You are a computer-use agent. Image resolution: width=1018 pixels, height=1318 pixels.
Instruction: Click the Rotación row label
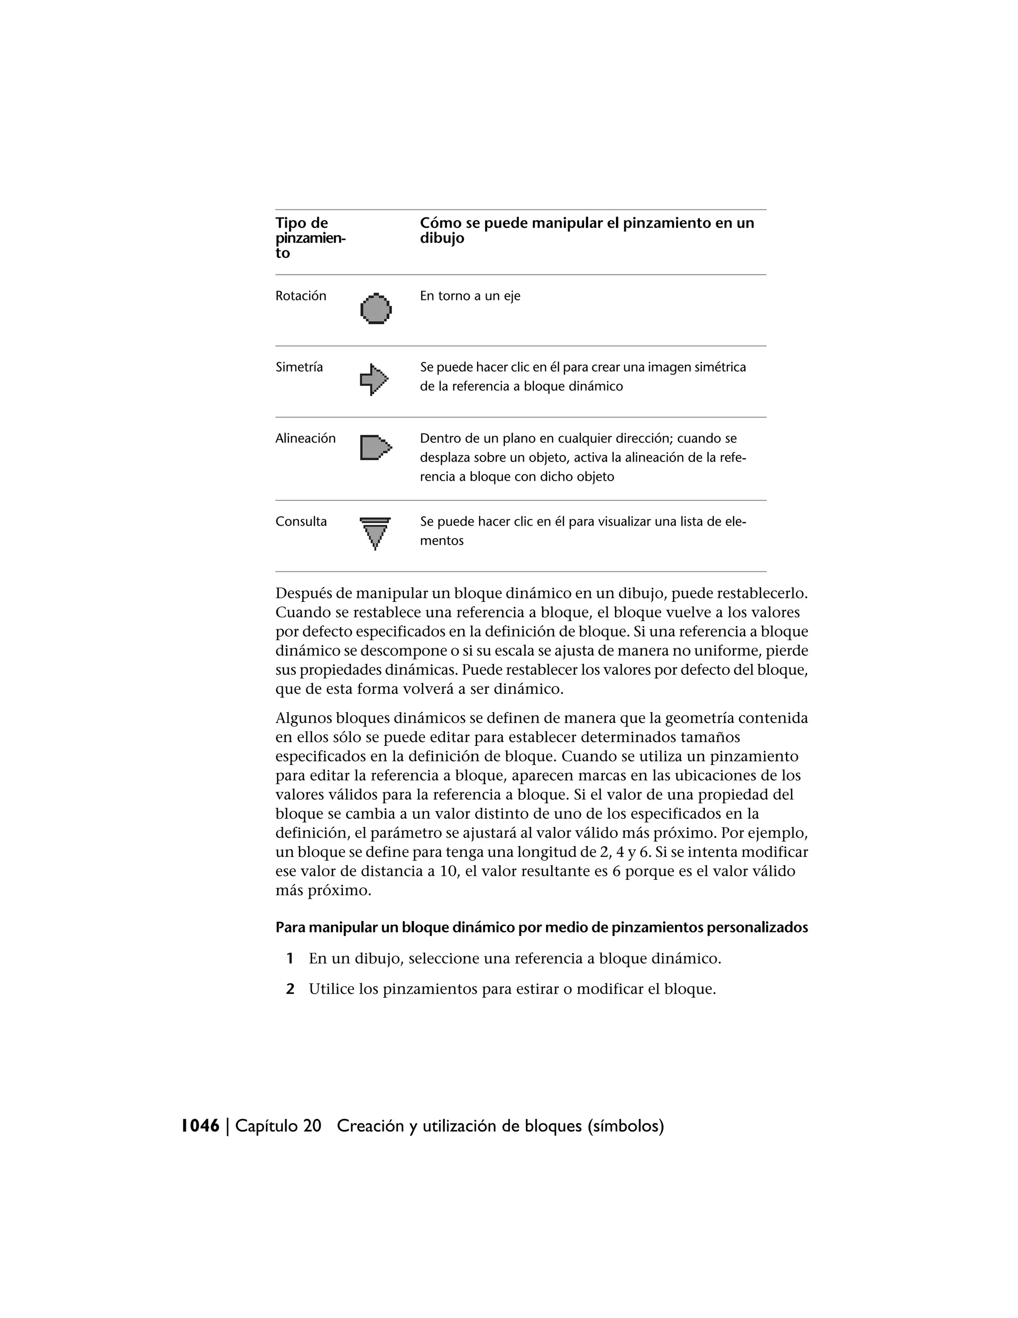(x=300, y=296)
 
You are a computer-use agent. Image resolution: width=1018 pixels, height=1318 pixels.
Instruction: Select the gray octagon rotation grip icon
(x=376, y=309)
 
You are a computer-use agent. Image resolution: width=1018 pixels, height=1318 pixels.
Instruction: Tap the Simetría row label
(x=299, y=368)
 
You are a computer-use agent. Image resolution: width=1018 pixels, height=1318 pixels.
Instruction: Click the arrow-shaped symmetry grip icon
(x=374, y=379)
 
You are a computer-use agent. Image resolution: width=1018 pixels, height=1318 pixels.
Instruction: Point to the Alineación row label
(x=305, y=439)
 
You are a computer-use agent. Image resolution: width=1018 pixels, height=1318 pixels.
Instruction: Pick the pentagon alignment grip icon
(x=375, y=448)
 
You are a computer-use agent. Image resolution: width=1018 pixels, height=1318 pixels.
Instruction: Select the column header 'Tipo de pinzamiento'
(x=310, y=238)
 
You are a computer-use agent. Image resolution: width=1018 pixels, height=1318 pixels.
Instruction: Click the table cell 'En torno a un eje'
(x=470, y=296)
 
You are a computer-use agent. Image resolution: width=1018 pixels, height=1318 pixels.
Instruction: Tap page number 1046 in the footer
(x=200, y=1126)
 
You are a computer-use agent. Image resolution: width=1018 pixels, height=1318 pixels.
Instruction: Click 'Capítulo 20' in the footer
(x=278, y=1126)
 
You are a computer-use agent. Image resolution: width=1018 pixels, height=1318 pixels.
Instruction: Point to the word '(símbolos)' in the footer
(x=625, y=1126)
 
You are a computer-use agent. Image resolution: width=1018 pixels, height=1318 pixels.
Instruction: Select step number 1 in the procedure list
(x=290, y=958)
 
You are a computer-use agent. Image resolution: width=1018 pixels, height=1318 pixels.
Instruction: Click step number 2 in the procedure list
(x=290, y=989)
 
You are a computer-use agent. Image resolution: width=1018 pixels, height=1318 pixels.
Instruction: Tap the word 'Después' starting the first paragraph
(x=304, y=594)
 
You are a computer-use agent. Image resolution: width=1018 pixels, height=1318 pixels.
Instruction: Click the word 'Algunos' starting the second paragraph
(x=303, y=718)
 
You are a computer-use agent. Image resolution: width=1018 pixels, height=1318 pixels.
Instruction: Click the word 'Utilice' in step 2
(x=331, y=989)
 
